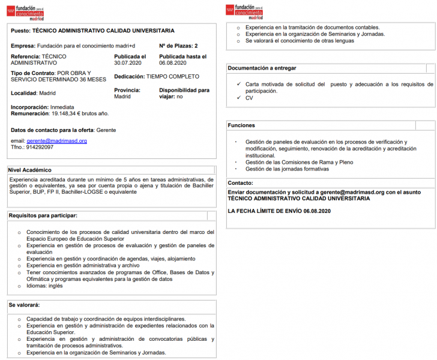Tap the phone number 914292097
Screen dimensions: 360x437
point(40,147)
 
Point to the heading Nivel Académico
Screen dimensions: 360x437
point(30,170)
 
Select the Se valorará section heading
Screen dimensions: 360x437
point(24,305)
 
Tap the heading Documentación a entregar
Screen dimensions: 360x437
point(262,68)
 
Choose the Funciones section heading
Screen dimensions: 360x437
point(241,125)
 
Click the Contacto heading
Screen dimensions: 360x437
point(241,183)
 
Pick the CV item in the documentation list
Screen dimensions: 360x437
point(249,98)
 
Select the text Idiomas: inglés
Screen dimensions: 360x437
point(44,286)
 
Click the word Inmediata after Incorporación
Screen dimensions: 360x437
point(62,107)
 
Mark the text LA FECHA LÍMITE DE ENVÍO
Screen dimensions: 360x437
point(265,211)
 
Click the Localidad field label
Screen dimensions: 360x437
point(23,93)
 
